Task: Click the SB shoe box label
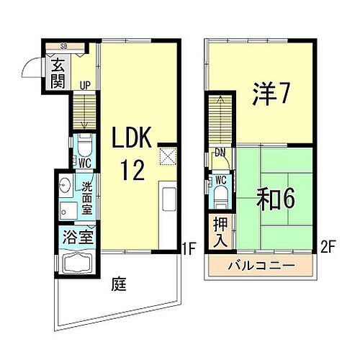tap(63, 47)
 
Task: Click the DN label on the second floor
tap(220, 152)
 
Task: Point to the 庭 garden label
tap(120, 284)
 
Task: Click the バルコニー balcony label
tap(262, 266)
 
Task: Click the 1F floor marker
tap(189, 251)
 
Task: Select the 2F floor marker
tap(330, 251)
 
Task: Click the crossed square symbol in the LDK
tap(167, 156)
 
